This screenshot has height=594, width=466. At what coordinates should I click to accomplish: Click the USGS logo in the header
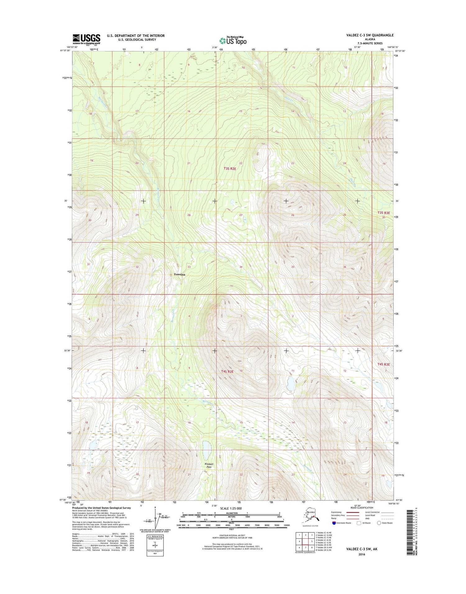point(86,39)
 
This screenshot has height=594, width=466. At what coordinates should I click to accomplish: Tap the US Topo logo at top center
point(233,40)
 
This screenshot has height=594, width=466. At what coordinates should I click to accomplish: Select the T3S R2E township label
point(230,168)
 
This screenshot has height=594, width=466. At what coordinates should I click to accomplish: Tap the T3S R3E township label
point(383,213)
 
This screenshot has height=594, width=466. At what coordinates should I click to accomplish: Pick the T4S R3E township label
point(383,364)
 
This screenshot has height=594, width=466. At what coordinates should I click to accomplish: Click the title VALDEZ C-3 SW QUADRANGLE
point(370,35)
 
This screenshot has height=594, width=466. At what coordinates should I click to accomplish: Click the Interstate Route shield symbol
point(334,523)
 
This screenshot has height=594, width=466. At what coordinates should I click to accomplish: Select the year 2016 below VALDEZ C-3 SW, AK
point(361,554)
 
